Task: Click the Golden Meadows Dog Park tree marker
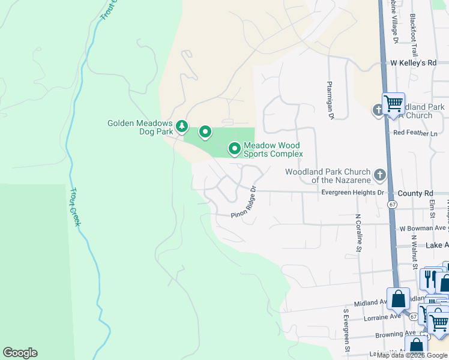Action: [x=182, y=127]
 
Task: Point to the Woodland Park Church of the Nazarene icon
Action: [x=379, y=175]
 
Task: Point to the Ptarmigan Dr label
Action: [x=330, y=100]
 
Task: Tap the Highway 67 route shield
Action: [x=392, y=205]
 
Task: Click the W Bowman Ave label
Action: [x=423, y=228]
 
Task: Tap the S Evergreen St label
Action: [x=346, y=330]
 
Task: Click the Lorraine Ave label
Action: [x=382, y=317]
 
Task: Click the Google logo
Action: [x=20, y=353]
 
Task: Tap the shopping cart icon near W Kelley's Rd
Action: [x=393, y=103]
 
